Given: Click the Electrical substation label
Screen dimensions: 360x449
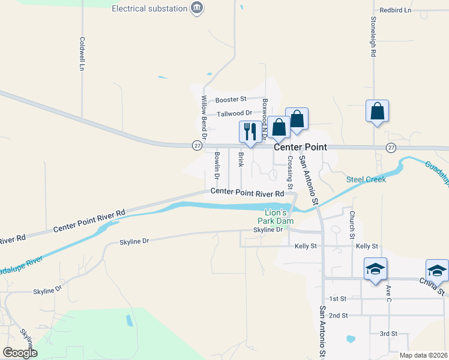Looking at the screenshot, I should (149, 8).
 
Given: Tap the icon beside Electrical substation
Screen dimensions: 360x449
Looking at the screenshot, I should (197, 8).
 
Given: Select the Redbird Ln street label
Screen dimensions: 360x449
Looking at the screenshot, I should (396, 11).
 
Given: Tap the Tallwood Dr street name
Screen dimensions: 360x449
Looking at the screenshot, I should (235, 113).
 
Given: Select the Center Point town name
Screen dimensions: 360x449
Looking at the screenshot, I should (300, 147).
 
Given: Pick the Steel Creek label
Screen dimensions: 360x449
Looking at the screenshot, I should (366, 179).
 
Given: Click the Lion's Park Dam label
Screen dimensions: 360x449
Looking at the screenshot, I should (280, 217).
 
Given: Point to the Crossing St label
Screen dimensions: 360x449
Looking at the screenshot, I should (290, 172).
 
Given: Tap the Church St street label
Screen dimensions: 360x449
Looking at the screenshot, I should (352, 225).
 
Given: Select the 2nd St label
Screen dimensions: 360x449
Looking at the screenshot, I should (339, 316).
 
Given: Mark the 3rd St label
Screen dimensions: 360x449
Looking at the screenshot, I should (388, 334).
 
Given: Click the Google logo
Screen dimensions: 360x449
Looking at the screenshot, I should (20, 353).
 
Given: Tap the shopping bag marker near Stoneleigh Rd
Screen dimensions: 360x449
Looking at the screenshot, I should (377, 112).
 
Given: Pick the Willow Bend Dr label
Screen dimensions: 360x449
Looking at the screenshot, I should (204, 117).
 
